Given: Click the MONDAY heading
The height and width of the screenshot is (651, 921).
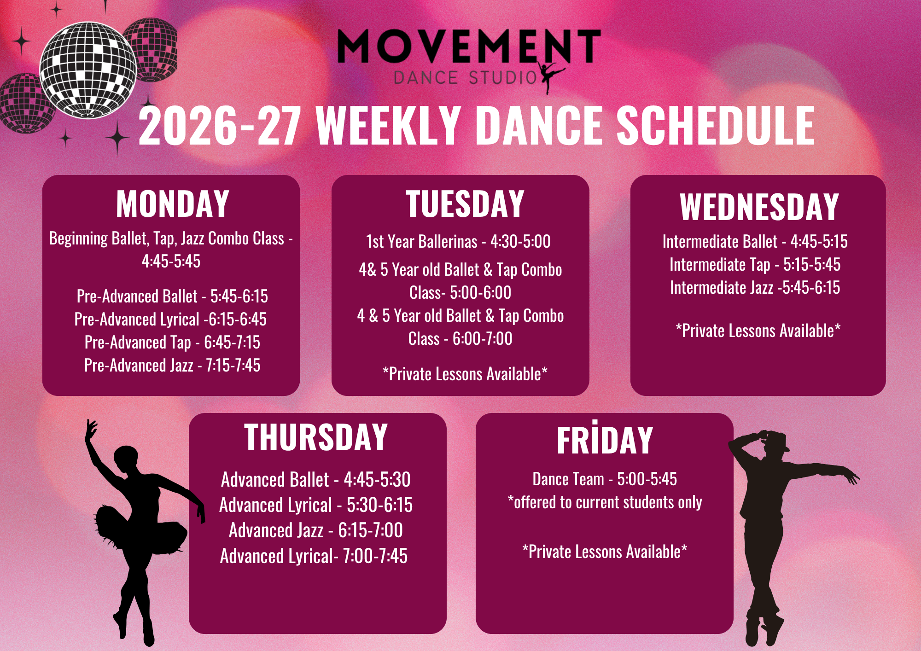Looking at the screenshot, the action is [x=173, y=204].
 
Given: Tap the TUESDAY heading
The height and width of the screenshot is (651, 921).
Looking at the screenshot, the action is [x=465, y=204].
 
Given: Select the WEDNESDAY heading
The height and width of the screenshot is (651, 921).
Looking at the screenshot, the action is [x=759, y=207].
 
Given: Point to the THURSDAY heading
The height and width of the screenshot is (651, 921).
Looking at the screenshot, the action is [x=316, y=437].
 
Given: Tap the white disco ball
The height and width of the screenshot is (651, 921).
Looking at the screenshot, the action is [x=88, y=70].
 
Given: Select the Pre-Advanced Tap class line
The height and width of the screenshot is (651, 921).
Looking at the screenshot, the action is [x=173, y=343].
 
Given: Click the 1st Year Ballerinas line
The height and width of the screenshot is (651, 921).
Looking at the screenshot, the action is [x=458, y=242].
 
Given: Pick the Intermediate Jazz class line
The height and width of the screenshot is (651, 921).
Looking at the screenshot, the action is [x=755, y=288].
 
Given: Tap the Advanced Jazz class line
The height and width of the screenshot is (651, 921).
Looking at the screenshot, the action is [x=316, y=530].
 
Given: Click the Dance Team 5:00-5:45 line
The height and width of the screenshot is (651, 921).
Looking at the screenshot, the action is [x=605, y=479].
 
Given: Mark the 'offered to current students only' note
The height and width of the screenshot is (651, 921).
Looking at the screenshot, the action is [x=605, y=502].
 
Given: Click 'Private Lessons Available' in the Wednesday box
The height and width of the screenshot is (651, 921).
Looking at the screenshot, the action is [x=758, y=331].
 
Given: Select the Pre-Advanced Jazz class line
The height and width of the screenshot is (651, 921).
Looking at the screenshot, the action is [x=173, y=366].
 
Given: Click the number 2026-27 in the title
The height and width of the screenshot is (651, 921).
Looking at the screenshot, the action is [x=220, y=126].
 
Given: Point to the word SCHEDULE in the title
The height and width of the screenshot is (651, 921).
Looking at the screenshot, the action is [x=716, y=126].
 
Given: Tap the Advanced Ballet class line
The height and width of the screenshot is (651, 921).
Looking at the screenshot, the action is [x=316, y=480].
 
